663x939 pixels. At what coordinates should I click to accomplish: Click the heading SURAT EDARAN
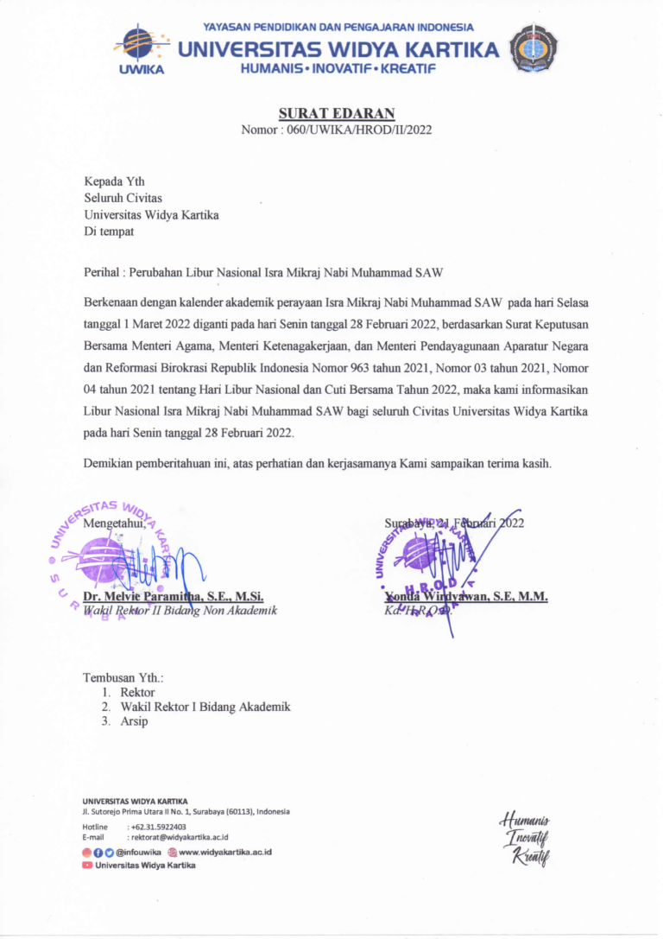click(336, 113)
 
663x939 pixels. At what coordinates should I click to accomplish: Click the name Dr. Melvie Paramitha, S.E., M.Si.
click(173, 596)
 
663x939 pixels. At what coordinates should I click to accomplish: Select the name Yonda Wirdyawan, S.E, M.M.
click(466, 596)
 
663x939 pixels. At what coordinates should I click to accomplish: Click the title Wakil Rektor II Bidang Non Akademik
click(180, 611)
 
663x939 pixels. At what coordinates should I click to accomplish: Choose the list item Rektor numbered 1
click(138, 692)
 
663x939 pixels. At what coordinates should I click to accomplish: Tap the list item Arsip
click(135, 721)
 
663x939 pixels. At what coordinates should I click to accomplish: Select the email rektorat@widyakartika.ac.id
click(180, 837)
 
